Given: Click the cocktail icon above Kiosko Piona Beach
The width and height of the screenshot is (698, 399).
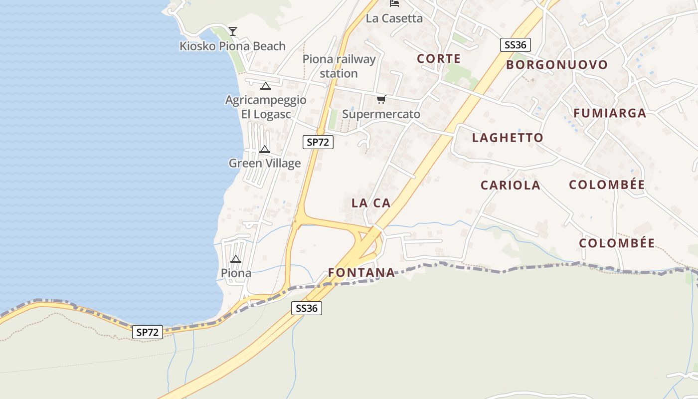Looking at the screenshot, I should (232, 31).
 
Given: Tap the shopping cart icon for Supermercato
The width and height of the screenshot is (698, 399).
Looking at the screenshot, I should (381, 100).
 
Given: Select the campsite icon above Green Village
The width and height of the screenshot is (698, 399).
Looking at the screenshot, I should (265, 149).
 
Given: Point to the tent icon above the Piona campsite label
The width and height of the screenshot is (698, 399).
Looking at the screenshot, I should (236, 259).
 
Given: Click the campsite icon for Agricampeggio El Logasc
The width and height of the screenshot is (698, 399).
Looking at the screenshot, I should (266, 86).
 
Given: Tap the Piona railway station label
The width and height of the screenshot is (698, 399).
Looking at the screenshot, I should (339, 66).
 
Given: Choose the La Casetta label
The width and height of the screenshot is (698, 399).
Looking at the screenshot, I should (394, 18).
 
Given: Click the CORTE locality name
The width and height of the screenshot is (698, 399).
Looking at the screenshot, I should (439, 59).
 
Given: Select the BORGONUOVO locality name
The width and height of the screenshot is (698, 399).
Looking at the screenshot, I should (557, 65).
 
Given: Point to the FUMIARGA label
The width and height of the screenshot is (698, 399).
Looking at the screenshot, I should (609, 113).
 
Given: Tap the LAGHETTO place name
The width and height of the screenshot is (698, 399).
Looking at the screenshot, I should (508, 138).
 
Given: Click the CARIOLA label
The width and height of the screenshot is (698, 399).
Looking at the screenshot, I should (510, 186).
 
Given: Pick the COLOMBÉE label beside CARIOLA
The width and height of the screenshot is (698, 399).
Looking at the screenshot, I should (607, 185).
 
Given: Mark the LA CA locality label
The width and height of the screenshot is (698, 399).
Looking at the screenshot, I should (371, 203).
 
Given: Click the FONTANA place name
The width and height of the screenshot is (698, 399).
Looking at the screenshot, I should (361, 273).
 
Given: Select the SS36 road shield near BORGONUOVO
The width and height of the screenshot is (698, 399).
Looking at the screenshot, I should (515, 45).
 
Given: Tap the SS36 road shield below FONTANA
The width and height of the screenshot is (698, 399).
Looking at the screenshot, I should (306, 308).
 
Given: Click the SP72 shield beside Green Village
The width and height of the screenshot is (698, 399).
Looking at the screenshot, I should (318, 142).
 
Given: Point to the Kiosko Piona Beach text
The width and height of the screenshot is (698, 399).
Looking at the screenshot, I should (232, 46).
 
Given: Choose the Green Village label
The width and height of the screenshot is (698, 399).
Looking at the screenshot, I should (265, 163).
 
